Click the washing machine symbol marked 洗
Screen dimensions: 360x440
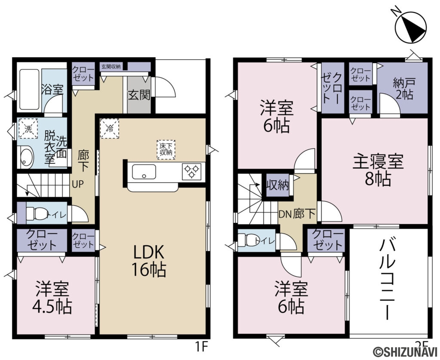point(28,128)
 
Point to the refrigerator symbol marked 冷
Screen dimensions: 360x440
point(110,128)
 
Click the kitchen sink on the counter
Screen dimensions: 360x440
point(144,172)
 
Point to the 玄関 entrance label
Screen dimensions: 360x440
point(139,94)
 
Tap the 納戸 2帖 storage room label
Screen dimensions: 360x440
point(403,89)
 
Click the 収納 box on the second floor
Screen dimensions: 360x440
point(277,186)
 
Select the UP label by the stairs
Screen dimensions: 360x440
point(78,184)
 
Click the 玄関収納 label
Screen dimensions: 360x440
point(111,67)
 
